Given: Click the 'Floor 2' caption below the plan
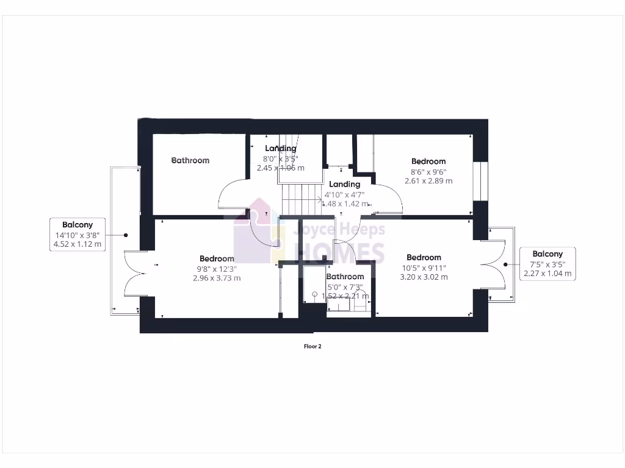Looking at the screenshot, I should [312, 347].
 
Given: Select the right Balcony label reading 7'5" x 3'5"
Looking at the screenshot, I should [547, 264].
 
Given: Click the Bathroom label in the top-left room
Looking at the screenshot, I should [190, 160].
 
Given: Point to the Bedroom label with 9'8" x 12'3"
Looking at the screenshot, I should [217, 258].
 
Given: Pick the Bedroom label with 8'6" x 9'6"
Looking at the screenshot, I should [428, 161].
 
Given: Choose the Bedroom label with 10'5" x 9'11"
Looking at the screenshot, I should [424, 258].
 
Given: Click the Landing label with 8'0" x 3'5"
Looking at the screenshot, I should [281, 148].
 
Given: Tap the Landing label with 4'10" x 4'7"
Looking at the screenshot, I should [345, 184].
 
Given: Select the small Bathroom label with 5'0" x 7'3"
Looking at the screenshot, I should [345, 277].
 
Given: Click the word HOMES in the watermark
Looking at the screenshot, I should [340, 253].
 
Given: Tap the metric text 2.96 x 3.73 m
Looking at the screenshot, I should [217, 278].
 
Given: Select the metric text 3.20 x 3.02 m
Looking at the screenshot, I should [424, 277].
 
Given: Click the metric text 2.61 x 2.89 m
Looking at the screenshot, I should [428, 181].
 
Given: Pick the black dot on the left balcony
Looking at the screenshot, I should [126, 235].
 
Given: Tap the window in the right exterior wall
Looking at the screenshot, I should [480, 180].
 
